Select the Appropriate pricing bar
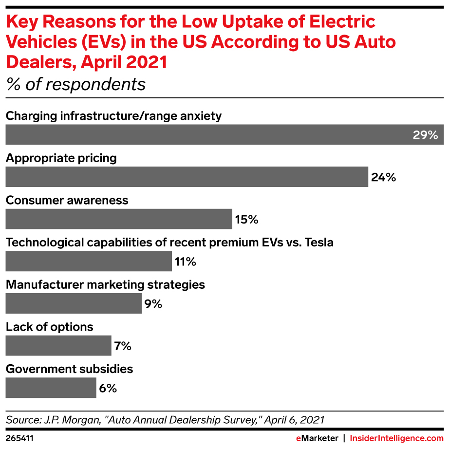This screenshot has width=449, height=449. point(187,177)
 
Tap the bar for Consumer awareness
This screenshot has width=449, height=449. point(119,219)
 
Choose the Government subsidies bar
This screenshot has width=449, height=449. point(51,388)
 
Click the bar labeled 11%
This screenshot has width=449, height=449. point(89,262)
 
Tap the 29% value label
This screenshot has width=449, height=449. point(426,135)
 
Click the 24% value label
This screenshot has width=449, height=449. point(383,177)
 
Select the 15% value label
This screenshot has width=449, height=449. point(246,220)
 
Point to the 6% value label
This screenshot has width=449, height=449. point(108,389)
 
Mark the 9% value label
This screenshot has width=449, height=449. point(153,304)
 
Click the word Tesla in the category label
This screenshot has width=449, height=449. point(319,243)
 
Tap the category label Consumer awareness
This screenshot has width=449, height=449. point(67,200)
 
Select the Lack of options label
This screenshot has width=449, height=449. point(50,327)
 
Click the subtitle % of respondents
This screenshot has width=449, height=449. point(76,84)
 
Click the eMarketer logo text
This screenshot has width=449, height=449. point(318,438)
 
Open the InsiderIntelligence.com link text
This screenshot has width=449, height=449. point(397,438)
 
